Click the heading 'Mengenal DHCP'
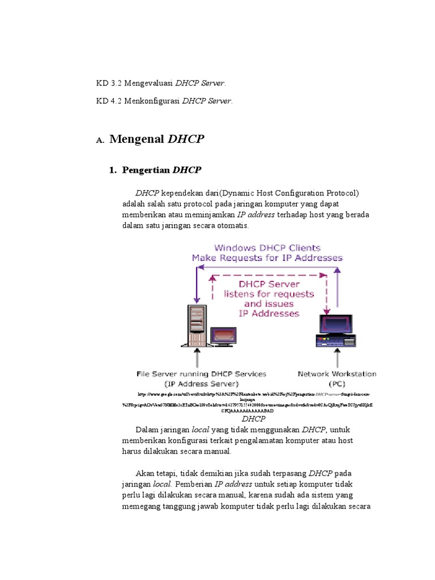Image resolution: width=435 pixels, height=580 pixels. pos(156,139)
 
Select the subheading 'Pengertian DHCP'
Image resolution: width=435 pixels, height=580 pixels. pos(161,170)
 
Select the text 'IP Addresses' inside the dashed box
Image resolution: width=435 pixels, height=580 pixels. pos(269,313)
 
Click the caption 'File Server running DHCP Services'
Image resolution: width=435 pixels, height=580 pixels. pos(201,374)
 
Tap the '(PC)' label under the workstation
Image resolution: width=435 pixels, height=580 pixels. pos(337,383)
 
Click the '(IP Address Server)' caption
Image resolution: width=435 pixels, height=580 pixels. pos(201,383)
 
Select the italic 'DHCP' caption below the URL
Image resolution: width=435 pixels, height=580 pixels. pos(253,419)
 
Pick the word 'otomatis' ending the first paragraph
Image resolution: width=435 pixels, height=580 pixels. pos(233,225)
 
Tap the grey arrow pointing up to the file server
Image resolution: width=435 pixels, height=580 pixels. pos(197,358)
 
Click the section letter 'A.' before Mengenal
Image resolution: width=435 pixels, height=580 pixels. pos(100,140)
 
